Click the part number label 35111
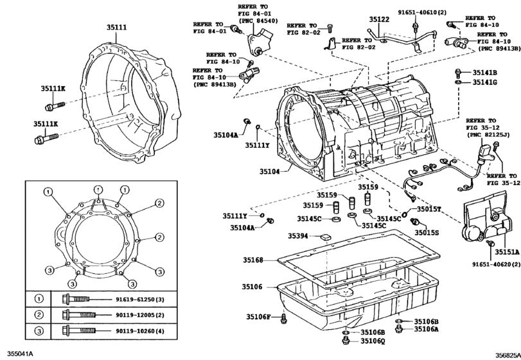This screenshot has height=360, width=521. coord(118,28)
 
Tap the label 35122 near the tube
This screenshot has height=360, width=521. coord(379,20)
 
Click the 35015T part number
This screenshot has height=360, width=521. coord(428,209)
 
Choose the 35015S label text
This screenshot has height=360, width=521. coord(425,232)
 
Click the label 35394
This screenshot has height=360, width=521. coord(299,236)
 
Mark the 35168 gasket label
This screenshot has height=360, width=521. coord(253,260)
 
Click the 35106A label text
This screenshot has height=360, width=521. coord(425,329)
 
